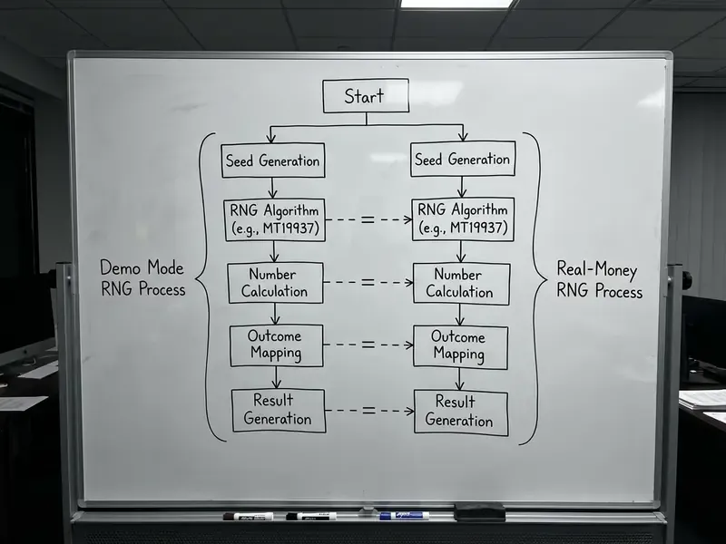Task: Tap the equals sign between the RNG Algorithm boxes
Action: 368,219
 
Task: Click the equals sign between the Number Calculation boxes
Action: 368,282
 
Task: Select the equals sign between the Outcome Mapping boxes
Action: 368,345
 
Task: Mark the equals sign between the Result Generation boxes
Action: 368,410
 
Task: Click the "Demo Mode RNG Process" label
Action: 142,278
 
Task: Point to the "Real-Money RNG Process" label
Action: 599,280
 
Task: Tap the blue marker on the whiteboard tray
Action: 404,515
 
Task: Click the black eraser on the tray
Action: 480,511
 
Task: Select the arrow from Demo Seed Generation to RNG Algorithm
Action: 273,189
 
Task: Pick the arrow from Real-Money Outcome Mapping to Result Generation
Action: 459,380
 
